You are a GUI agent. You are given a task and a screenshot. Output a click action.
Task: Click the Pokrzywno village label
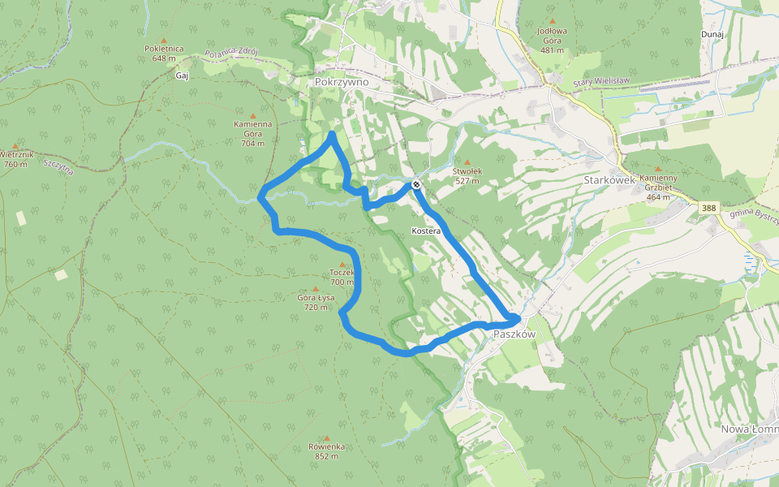pyautogui.click(x=342, y=82)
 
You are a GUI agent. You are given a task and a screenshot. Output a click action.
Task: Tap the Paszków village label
pyautogui.click(x=514, y=334)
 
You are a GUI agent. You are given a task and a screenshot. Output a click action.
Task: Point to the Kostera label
pyautogui.click(x=426, y=231)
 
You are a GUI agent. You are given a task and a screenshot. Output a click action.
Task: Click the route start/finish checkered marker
pyautogui.click(x=415, y=185)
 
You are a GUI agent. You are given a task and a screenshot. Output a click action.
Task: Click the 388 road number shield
pyautogui.click(x=708, y=209)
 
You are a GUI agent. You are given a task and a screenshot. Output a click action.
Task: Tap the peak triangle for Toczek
pyautogui.click(x=342, y=265)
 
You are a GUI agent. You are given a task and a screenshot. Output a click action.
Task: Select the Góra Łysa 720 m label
pyautogui.click(x=316, y=302)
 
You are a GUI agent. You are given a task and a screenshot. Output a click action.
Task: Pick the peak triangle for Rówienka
pyautogui.click(x=327, y=437)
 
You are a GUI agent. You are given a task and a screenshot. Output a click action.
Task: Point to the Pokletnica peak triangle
pyautogui.click(x=164, y=40)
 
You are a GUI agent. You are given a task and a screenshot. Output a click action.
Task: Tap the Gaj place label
pyautogui.click(x=182, y=75)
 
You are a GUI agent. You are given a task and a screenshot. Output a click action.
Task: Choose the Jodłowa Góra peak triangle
pyautogui.click(x=553, y=21)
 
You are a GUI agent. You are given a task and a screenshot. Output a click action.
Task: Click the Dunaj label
pyautogui.click(x=712, y=34)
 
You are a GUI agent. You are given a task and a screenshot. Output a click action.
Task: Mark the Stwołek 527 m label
pyautogui.click(x=467, y=176)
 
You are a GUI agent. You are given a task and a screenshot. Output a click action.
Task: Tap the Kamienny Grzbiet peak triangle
pyautogui.click(x=658, y=168)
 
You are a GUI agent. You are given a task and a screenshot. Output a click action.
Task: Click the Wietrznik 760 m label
pyautogui.click(x=15, y=158)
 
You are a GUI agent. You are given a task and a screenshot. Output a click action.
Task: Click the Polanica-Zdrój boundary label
pyautogui.click(x=231, y=53)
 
